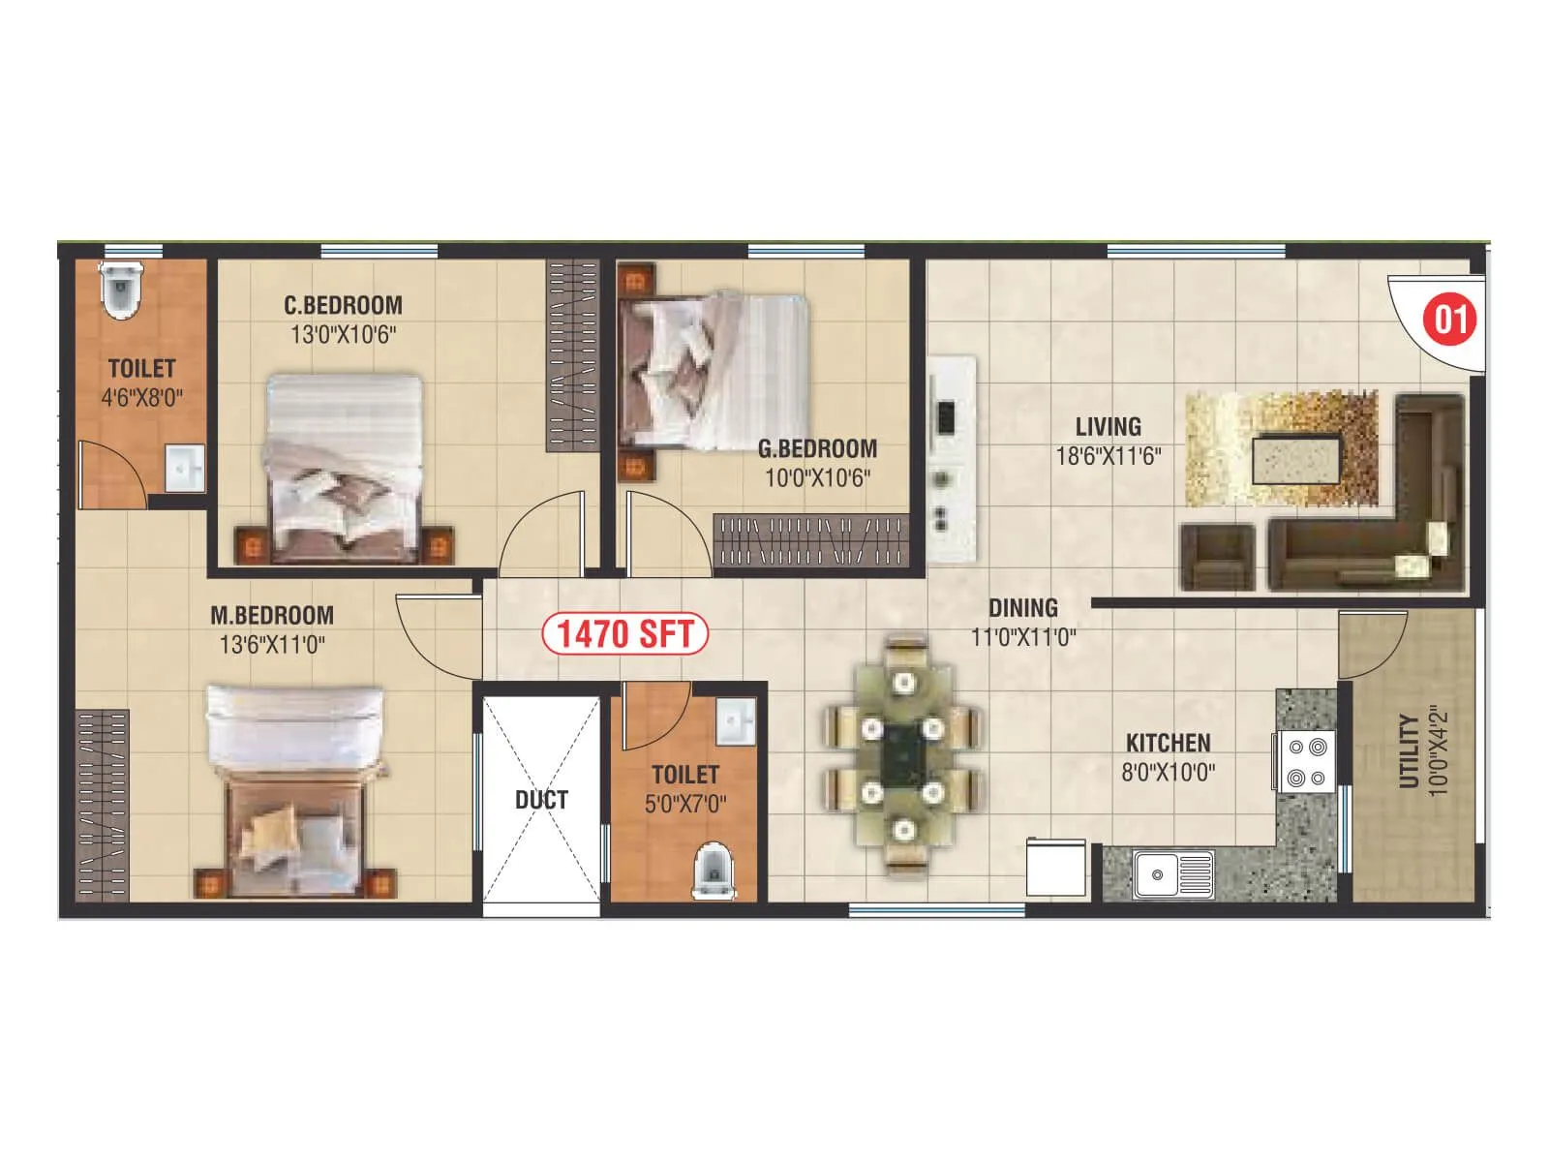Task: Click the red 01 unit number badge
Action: pyautogui.click(x=1449, y=319)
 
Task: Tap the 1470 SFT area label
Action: pyautogui.click(x=624, y=634)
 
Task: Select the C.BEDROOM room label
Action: pyautogui.click(x=343, y=305)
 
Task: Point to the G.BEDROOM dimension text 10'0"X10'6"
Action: pyautogui.click(x=817, y=478)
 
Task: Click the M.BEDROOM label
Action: pyautogui.click(x=272, y=615)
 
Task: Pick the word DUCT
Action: pyautogui.click(x=541, y=800)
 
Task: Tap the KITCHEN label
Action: pyautogui.click(x=1168, y=743)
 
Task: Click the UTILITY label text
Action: pyautogui.click(x=1409, y=751)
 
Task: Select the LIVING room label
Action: pyautogui.click(x=1108, y=426)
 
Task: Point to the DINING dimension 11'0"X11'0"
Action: pyautogui.click(x=1023, y=637)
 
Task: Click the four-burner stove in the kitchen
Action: pyautogui.click(x=1306, y=762)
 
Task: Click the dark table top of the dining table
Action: pyautogui.click(x=904, y=752)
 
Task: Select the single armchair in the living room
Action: pyautogui.click(x=1217, y=557)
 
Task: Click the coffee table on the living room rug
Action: pyautogui.click(x=1296, y=458)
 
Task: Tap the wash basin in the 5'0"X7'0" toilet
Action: pyautogui.click(x=735, y=722)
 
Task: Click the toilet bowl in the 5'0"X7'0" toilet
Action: pyautogui.click(x=714, y=871)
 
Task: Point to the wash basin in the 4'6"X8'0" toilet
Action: pyautogui.click(x=184, y=468)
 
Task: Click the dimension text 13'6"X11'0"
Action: pyautogui.click(x=272, y=645)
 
